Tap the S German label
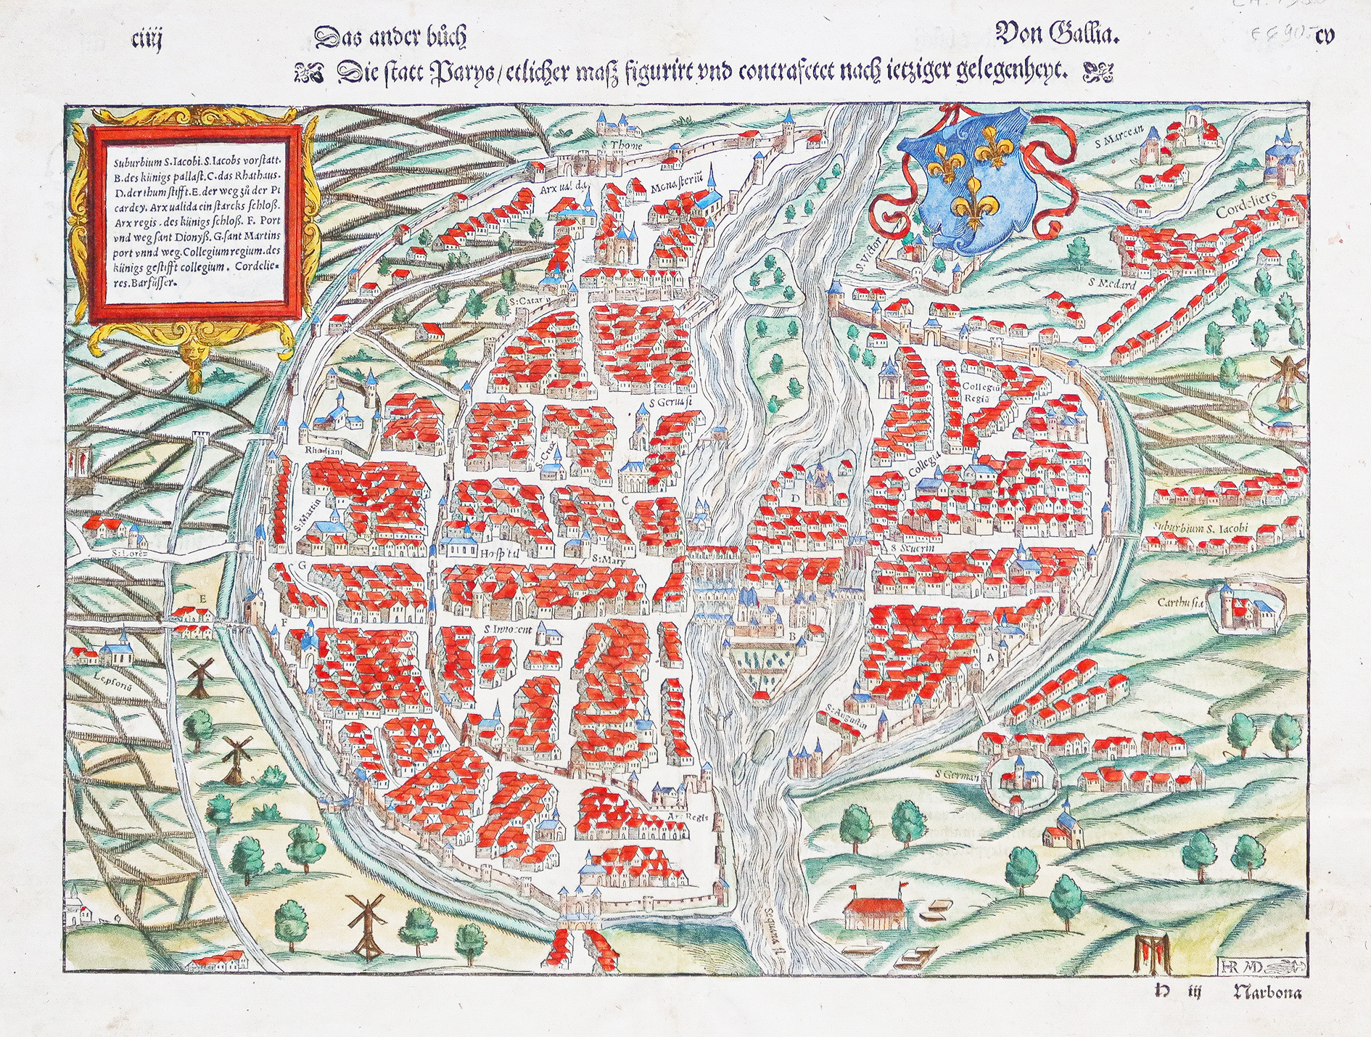958,775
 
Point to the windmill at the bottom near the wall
369,920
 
